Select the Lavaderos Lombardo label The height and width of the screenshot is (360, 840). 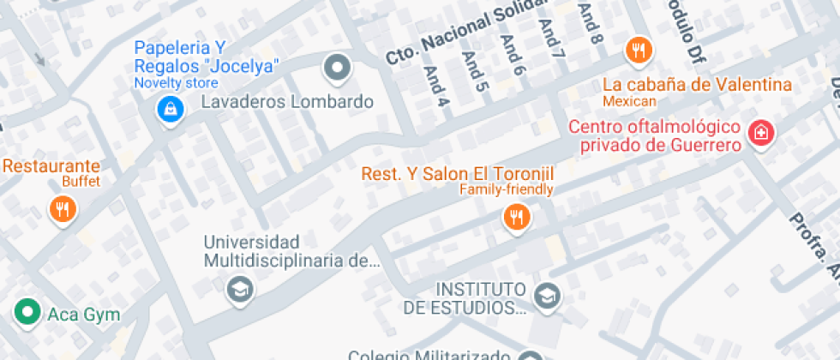click(x=287, y=102)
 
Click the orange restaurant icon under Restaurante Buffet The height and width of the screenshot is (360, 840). click(x=63, y=208)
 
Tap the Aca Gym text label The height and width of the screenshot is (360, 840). click(x=84, y=315)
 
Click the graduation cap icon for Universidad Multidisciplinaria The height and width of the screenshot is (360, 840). click(x=240, y=289)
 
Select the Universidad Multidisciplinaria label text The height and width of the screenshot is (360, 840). click(x=290, y=251)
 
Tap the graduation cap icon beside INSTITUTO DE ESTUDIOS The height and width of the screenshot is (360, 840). click(x=545, y=297)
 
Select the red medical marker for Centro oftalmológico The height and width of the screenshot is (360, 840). click(x=759, y=133)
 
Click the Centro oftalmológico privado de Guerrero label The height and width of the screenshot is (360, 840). click(x=655, y=136)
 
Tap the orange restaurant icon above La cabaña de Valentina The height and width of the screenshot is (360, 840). click(x=639, y=51)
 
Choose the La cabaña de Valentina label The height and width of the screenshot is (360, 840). click(x=697, y=84)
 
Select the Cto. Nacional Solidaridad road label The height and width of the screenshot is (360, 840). click(x=467, y=33)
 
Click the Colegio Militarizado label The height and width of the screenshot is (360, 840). click(x=429, y=354)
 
